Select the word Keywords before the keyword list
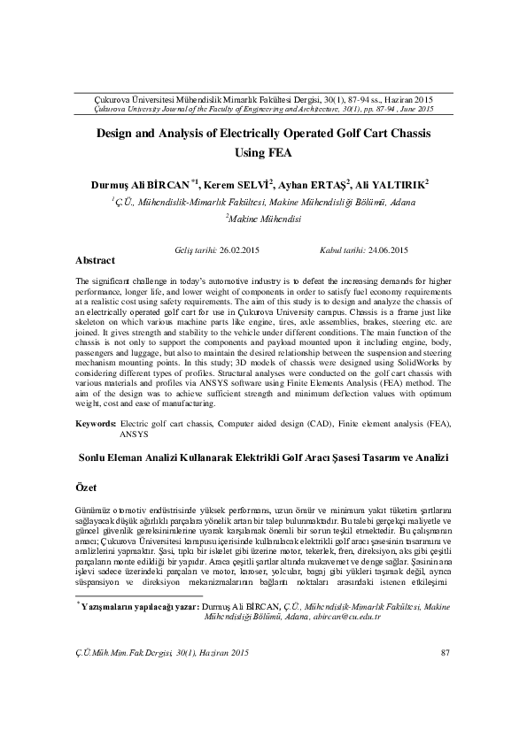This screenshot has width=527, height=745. click(96, 425)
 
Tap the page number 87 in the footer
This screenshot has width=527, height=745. click(446, 703)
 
